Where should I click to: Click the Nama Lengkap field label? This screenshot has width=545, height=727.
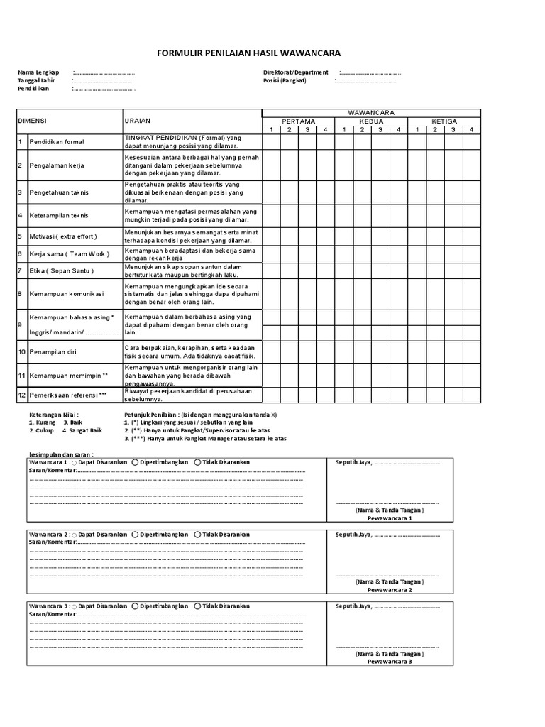click(38, 72)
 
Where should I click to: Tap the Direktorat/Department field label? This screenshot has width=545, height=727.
click(295, 72)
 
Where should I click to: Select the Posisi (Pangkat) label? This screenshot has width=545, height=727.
click(284, 80)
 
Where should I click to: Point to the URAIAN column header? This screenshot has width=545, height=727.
click(138, 121)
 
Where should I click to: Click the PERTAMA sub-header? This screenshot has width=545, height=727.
click(298, 121)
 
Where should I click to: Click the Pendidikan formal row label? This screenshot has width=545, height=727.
click(56, 142)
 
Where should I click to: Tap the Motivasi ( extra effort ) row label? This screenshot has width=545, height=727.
click(62, 236)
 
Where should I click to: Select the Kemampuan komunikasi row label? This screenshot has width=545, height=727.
click(66, 294)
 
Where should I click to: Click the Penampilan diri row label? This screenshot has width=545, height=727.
click(53, 352)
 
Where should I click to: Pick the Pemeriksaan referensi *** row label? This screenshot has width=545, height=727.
click(68, 395)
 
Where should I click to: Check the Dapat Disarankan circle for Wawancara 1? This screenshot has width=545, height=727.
click(75, 463)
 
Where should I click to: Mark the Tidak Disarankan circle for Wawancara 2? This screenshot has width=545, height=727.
click(197, 535)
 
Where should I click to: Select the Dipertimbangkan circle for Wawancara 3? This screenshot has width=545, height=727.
click(135, 606)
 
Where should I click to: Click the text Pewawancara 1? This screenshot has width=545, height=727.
click(390, 518)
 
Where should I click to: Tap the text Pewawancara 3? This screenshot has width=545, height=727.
click(390, 661)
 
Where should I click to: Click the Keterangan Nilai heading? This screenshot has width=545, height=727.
click(54, 414)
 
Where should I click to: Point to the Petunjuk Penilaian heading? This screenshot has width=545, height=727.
click(151, 414)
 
